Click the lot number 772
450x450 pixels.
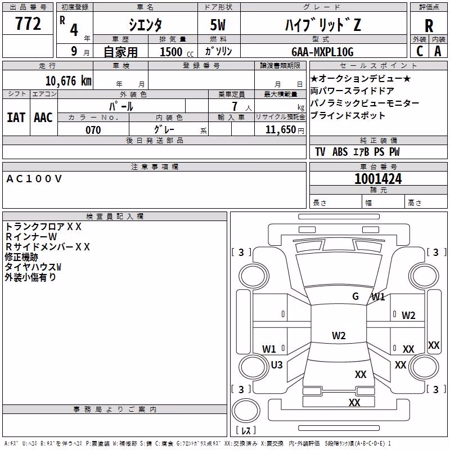point(28,23)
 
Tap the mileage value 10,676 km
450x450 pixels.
point(69,81)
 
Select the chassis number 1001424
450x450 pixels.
point(378,179)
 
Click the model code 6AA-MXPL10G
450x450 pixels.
point(322,52)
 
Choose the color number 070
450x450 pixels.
point(93,130)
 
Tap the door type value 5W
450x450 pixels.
point(218,25)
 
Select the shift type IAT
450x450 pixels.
point(16,118)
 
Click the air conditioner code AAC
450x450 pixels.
point(43,118)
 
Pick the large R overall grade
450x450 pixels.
point(429,25)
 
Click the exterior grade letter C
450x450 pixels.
point(420,51)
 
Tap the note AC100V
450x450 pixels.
point(34,179)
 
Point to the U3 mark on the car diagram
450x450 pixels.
point(277,364)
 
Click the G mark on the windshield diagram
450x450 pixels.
point(355,296)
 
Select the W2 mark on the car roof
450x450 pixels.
point(339,335)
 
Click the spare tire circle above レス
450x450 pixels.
point(246,411)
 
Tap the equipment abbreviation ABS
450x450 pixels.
point(340,152)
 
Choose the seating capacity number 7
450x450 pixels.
point(235,106)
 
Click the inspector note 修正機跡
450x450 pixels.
point(21,257)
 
